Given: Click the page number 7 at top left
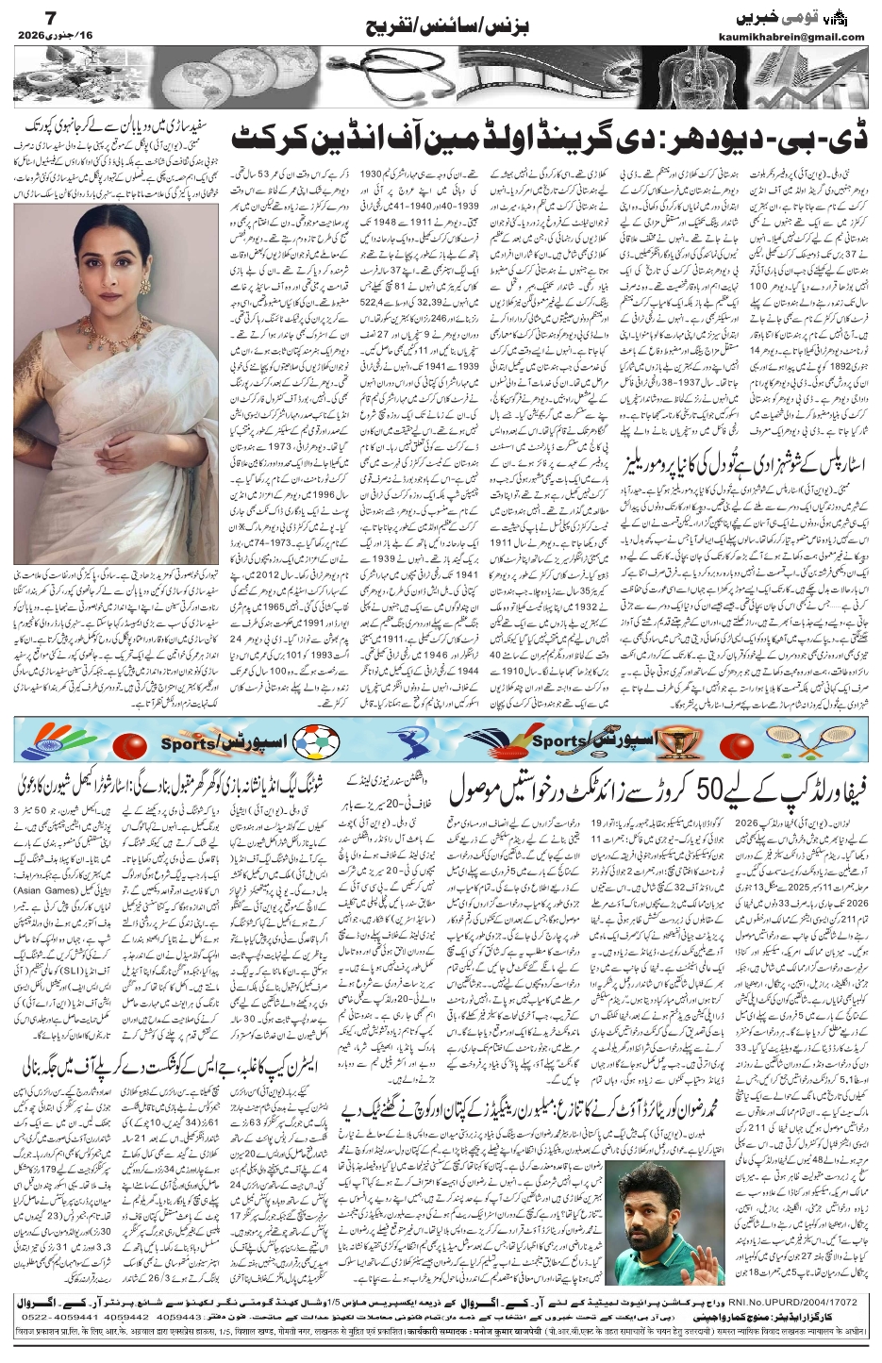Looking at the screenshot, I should click(x=25, y=18).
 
